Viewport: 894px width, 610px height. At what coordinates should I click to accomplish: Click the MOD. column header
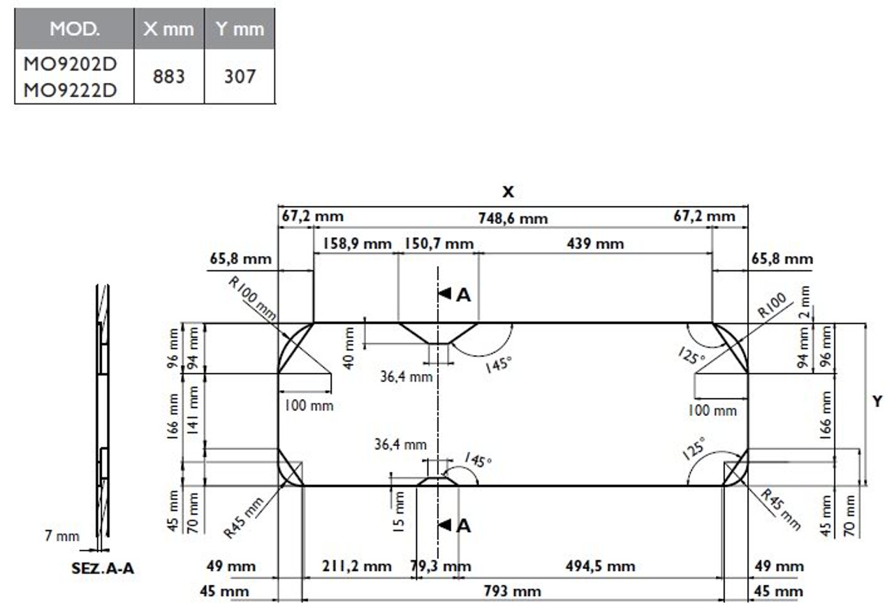(x=75, y=29)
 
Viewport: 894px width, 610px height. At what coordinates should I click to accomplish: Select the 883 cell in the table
(x=169, y=76)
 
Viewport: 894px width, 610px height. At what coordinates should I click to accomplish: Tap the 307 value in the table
(x=240, y=76)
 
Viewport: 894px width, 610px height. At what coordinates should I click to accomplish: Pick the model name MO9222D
(x=70, y=90)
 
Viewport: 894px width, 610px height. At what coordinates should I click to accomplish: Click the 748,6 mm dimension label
(x=513, y=218)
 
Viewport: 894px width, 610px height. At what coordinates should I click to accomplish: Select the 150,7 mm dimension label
(x=439, y=244)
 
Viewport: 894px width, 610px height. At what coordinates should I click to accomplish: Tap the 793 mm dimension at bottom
(x=513, y=592)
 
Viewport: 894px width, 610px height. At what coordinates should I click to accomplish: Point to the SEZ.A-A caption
(x=103, y=568)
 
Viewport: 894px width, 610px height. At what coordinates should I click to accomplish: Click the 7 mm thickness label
(x=62, y=537)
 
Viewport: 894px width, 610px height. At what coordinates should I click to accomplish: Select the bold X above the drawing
(x=508, y=192)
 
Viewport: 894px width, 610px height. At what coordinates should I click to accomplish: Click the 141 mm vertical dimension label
(x=193, y=410)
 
